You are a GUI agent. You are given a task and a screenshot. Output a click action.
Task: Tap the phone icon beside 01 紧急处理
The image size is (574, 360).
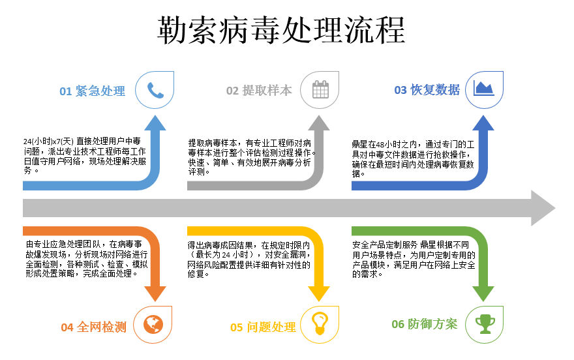click(155, 90)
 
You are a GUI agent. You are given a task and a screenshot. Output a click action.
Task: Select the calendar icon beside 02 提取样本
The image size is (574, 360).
click(320, 90)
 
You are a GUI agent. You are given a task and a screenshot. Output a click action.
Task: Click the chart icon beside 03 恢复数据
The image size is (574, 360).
click(484, 89)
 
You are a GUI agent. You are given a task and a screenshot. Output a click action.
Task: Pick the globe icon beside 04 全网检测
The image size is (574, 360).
click(153, 323)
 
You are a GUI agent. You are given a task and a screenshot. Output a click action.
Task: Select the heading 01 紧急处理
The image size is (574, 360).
click(92, 91)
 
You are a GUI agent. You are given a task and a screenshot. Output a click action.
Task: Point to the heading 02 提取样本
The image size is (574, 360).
click(259, 91)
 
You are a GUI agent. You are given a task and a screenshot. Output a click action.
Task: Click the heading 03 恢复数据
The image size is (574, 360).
click(427, 90)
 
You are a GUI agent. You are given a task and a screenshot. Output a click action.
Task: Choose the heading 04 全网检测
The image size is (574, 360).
click(93, 327)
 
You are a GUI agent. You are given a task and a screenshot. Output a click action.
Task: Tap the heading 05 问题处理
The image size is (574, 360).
click(263, 327)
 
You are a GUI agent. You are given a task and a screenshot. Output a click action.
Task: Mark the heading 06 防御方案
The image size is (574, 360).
click(424, 324)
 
